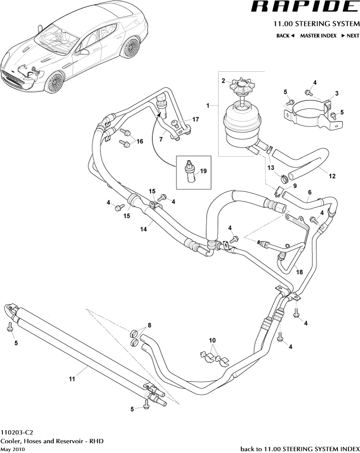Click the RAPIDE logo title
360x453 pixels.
coord(304,7)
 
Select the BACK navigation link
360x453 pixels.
coord(285,36)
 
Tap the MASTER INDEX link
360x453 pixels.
coord(318,36)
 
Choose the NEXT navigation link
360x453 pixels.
coord(350,36)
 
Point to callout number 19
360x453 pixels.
coord(203,171)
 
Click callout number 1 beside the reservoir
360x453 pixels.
coord(208,105)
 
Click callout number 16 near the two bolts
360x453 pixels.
coord(140,142)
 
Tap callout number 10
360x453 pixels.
coord(212,340)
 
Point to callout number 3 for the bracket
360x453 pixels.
coord(337,93)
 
